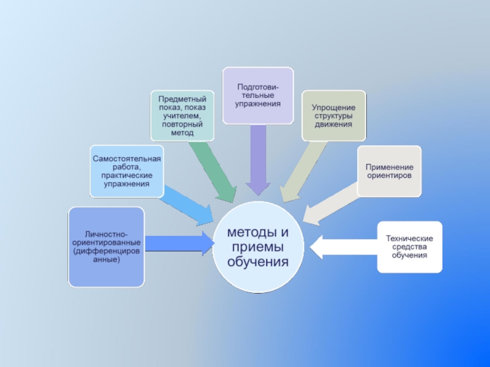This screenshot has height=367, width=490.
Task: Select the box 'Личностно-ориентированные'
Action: (x=107, y=247)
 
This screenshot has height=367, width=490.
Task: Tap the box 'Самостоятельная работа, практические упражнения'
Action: (x=127, y=171)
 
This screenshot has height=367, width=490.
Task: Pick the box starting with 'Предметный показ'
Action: (x=183, y=115)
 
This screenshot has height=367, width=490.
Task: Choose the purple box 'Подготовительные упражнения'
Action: (x=258, y=95)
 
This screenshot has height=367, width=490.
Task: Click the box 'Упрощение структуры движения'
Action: (x=333, y=116)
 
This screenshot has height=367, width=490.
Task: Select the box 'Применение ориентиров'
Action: (x=389, y=171)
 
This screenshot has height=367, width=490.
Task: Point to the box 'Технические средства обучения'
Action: (x=409, y=246)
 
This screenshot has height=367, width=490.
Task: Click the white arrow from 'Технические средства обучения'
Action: (x=343, y=247)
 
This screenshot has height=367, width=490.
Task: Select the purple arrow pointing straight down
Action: (x=258, y=159)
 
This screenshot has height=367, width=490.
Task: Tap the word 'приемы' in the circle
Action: (x=257, y=247)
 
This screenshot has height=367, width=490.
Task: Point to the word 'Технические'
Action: (x=409, y=238)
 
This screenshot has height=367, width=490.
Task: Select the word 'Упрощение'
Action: (x=333, y=108)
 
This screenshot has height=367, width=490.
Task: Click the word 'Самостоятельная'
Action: (x=127, y=159)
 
